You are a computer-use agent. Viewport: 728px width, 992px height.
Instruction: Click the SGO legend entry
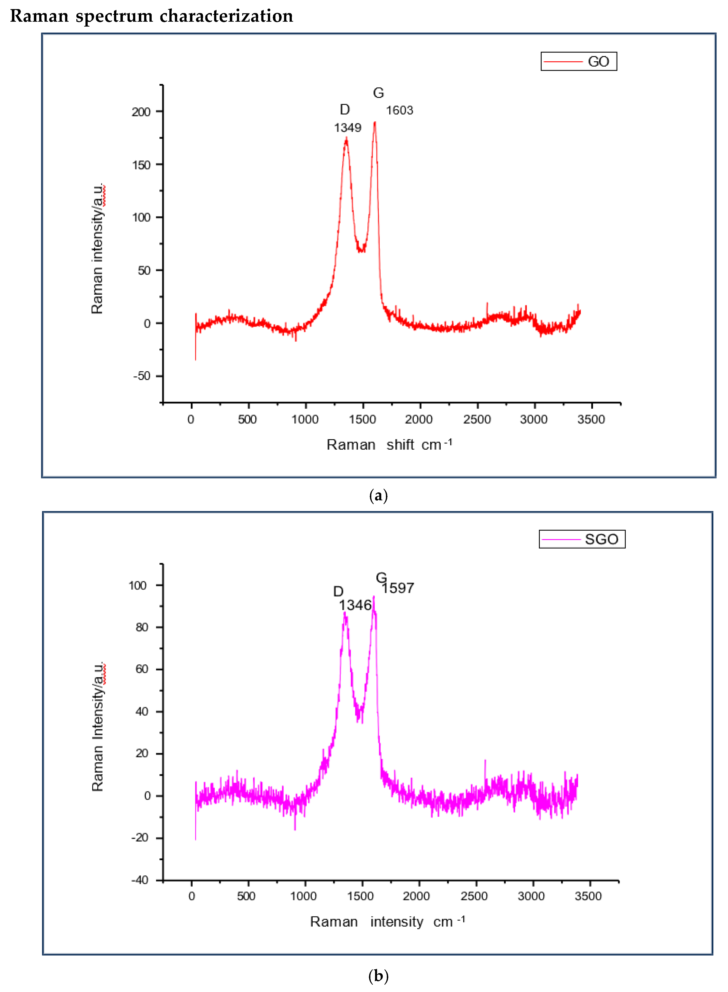[582, 539]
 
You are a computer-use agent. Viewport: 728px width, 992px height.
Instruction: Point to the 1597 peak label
[398, 588]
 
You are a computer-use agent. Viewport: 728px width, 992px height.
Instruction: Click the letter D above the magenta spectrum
[338, 591]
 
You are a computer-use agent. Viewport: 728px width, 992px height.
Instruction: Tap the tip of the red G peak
[375, 122]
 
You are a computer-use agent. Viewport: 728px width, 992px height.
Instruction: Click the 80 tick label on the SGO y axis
[142, 627]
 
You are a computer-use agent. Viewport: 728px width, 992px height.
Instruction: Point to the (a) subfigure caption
[378, 496]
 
